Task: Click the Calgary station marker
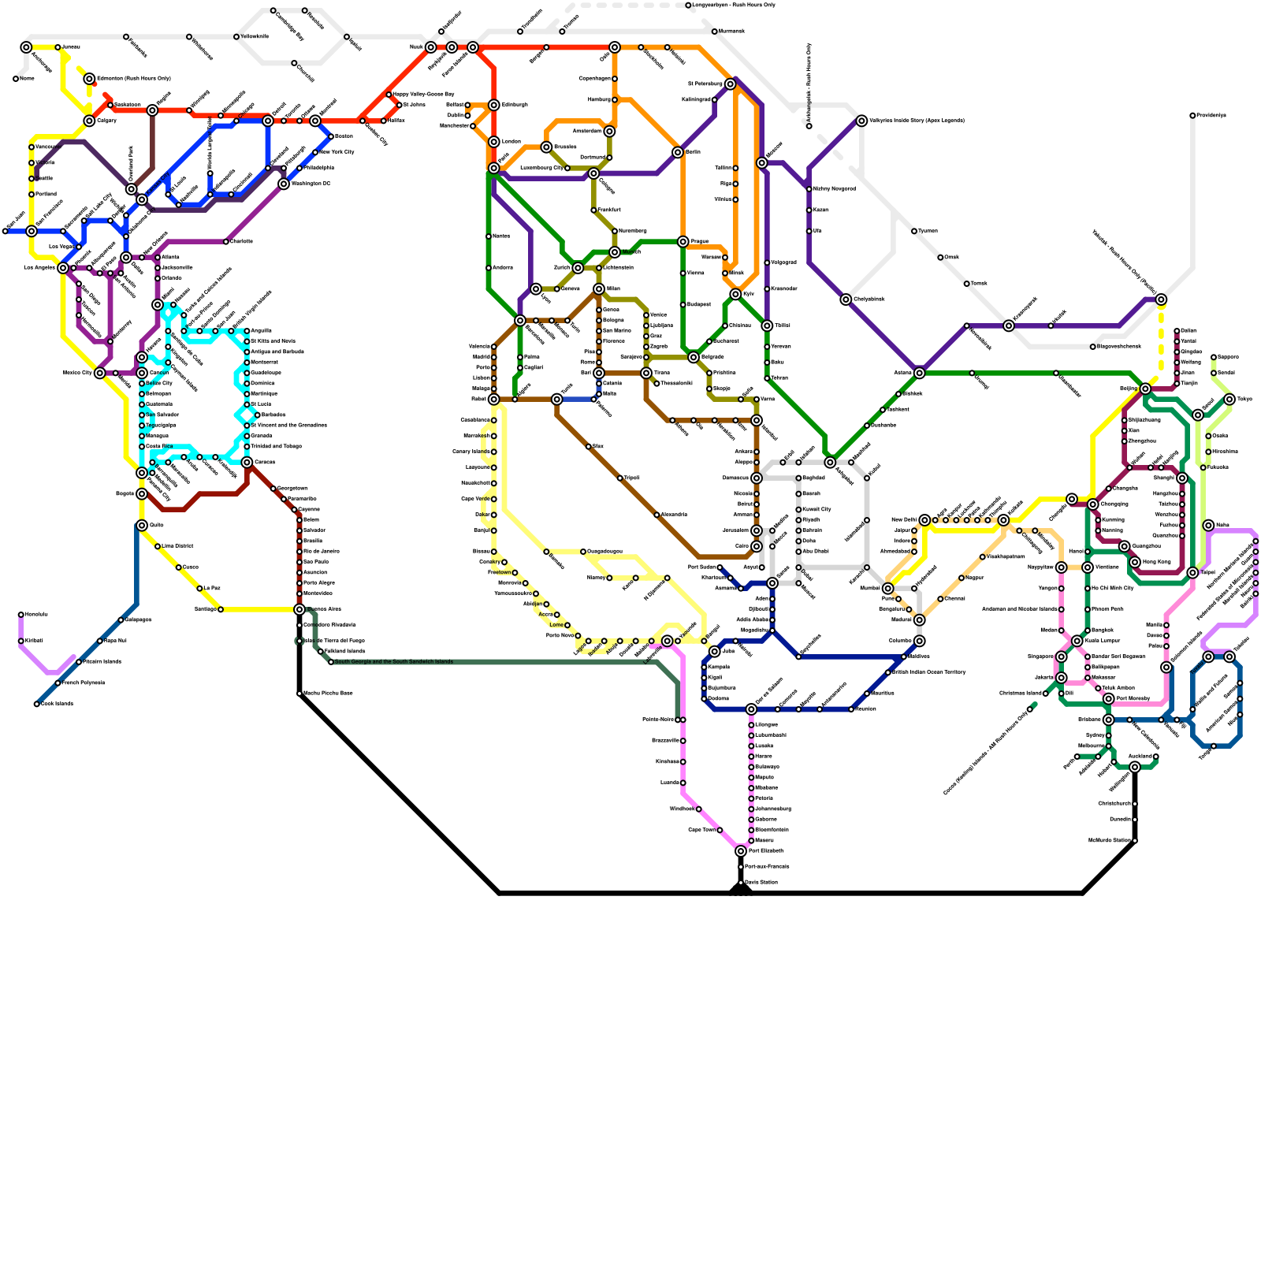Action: click(x=89, y=121)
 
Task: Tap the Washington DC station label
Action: click(x=311, y=184)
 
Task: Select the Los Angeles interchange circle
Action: click(x=63, y=268)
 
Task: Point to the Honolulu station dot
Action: click(x=21, y=615)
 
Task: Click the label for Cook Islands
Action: click(x=57, y=704)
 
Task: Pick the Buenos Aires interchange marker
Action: click(x=299, y=609)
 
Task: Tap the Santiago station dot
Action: click(x=221, y=609)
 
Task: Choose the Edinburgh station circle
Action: click(x=494, y=105)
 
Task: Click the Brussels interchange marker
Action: click(x=546, y=147)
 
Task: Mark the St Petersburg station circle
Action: click(x=731, y=84)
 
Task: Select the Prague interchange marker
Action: click(x=683, y=242)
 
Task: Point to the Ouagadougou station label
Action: click(x=604, y=552)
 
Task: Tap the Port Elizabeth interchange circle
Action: click(x=741, y=851)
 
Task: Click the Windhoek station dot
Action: click(x=699, y=809)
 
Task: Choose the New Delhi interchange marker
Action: click(x=924, y=520)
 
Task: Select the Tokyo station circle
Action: click(x=1229, y=400)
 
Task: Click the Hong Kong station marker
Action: click(x=1135, y=562)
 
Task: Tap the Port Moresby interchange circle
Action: click(x=1109, y=699)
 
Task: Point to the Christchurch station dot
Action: click(x=1135, y=804)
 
